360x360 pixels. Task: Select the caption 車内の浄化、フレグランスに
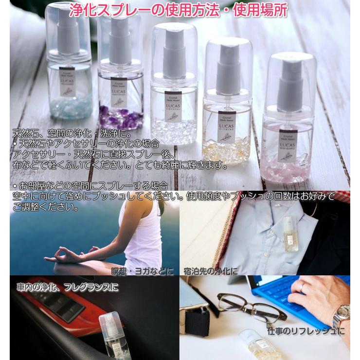click(x=68, y=287)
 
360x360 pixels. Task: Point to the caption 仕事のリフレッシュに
click(x=306, y=331)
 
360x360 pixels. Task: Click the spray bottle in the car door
click(x=112, y=331)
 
